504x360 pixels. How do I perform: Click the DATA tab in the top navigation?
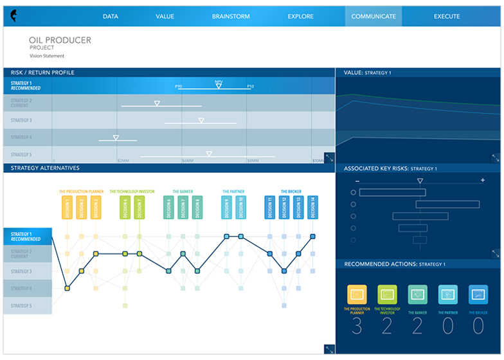(x=111, y=16)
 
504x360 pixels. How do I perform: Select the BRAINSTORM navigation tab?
(x=231, y=16)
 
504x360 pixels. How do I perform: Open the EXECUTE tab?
(x=447, y=16)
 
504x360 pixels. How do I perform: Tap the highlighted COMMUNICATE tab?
(x=373, y=16)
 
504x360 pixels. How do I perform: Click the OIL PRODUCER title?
(x=60, y=40)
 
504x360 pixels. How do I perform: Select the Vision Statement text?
(x=47, y=56)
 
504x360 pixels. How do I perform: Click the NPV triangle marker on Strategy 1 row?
(x=219, y=85)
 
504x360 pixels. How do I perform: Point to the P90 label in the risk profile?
(x=178, y=85)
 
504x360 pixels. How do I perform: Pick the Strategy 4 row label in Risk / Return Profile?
(x=21, y=137)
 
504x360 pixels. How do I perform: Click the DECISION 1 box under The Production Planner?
(x=67, y=208)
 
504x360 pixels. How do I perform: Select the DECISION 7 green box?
(x=139, y=208)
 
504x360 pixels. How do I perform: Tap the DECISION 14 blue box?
(x=312, y=208)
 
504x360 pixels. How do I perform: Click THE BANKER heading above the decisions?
(x=183, y=192)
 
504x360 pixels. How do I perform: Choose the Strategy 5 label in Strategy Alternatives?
(x=21, y=306)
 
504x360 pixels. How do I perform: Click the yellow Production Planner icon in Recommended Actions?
(x=357, y=294)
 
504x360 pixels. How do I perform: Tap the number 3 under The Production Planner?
(x=357, y=326)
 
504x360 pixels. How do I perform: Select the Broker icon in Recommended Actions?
(x=478, y=294)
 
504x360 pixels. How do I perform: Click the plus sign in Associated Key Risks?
(x=483, y=181)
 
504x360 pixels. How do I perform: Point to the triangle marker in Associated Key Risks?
(x=420, y=181)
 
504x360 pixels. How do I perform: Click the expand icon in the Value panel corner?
(x=495, y=157)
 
